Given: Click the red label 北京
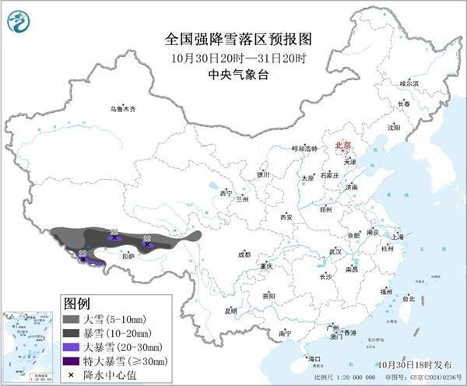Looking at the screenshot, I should pos(343,145).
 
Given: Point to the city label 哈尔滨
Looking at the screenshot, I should pos(409,82).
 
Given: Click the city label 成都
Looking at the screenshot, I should pos(244,254).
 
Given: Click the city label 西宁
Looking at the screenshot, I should pos(226,192).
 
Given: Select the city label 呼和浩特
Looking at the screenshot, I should pos(304,148).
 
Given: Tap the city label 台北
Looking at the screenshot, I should pos(408,298).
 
